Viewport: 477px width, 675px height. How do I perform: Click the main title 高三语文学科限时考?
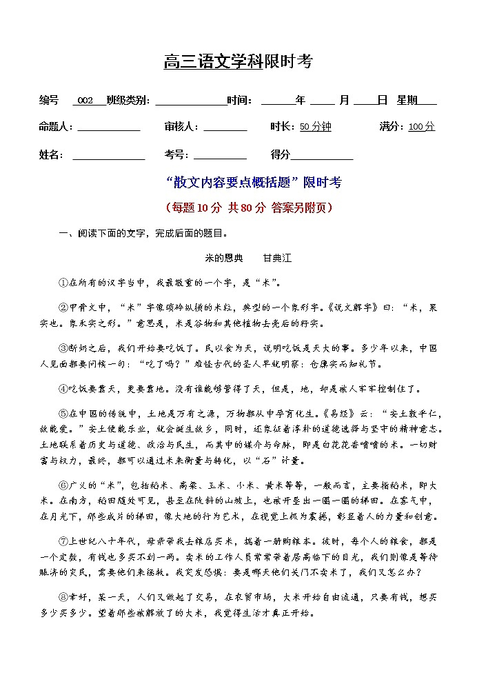238,62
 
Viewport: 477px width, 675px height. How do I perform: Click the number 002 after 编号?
85,101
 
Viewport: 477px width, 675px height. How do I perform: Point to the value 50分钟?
315,127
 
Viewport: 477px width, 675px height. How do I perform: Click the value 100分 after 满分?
421,127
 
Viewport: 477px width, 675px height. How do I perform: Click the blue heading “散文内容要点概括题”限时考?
254,183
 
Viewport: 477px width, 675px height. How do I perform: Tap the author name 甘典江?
277,258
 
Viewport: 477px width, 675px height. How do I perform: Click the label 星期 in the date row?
407,101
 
